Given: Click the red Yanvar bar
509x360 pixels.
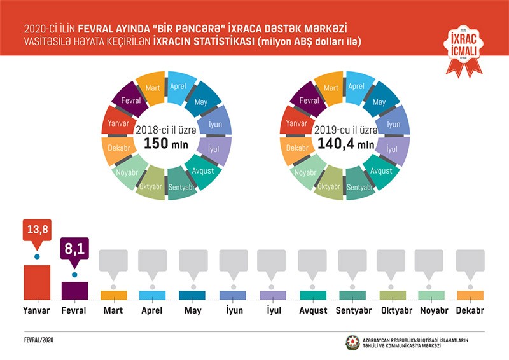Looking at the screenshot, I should (36, 282).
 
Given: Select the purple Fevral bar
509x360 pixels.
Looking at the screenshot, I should (74, 290).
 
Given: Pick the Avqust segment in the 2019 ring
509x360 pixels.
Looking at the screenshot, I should (381, 171).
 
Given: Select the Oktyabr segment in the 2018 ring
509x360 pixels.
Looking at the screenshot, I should (150, 185).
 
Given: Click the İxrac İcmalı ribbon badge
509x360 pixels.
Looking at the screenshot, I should (463, 48).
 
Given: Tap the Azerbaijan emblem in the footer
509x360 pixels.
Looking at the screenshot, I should (352, 342).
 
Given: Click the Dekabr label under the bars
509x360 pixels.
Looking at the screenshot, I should (470, 311).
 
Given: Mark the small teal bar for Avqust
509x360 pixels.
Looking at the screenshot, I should (313, 294).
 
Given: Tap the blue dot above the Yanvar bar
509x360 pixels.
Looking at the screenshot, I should (36, 257).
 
